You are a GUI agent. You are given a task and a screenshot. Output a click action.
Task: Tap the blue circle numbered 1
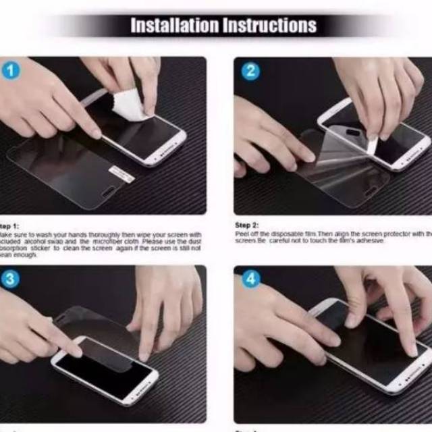click(x=11, y=71)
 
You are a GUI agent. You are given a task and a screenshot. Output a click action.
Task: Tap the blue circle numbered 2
click(x=250, y=71)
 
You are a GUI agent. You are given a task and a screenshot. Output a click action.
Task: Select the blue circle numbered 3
click(x=11, y=279)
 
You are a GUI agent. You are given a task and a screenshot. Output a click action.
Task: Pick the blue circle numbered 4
click(x=250, y=279)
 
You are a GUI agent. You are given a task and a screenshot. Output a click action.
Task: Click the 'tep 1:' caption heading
click(x=9, y=225)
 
